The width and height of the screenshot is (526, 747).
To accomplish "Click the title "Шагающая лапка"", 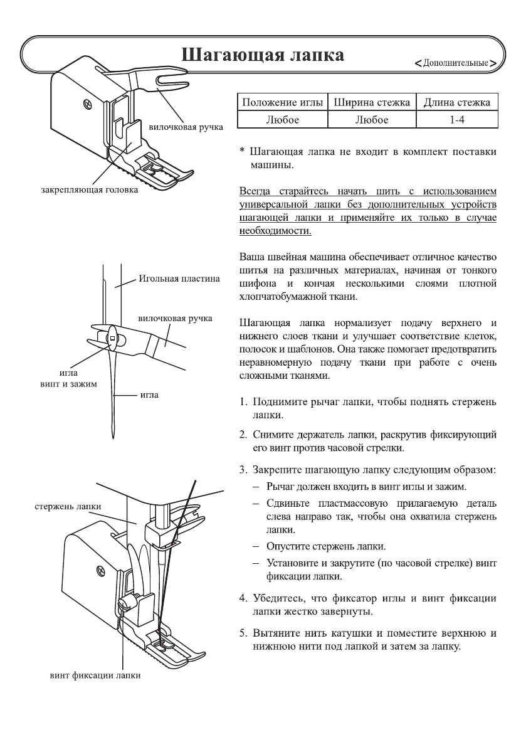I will (262, 55).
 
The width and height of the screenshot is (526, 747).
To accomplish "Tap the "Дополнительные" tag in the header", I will (456, 63).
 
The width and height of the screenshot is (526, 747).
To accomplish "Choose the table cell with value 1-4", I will (457, 119).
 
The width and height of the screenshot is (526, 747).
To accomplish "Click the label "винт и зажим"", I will (65, 383).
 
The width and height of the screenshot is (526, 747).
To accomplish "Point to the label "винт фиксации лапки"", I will (95, 675).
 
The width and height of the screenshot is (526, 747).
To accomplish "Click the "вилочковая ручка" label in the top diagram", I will (186, 127).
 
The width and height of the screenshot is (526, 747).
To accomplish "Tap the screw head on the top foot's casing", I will (86, 101).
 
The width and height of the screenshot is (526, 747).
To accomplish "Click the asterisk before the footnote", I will (243, 152).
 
